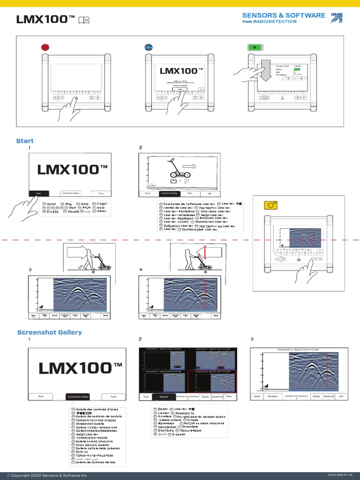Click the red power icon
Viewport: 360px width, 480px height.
tap(45, 47)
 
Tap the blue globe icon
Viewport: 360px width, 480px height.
tap(149, 47)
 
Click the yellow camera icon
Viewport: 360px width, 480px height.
tap(270, 205)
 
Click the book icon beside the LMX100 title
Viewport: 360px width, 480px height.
tap(84, 19)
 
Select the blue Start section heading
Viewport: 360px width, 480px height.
tap(25, 141)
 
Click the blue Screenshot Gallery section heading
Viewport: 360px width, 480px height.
tap(49, 332)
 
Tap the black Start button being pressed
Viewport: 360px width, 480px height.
tap(38, 193)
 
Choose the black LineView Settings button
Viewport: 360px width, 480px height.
tap(169, 193)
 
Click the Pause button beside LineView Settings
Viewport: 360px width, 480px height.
tap(148, 193)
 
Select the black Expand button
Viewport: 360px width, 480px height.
tap(164, 397)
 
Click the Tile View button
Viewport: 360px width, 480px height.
tap(272, 396)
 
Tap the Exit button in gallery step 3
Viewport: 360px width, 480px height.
tap(341, 396)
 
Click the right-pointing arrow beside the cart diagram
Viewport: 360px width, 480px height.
tap(190, 165)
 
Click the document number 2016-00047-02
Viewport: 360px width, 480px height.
tap(340, 475)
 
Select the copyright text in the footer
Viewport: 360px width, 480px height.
tap(46, 475)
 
